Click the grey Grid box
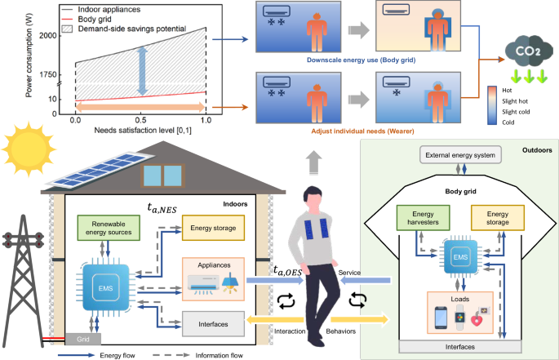83,336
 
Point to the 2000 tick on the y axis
47,35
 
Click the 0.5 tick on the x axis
141,120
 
